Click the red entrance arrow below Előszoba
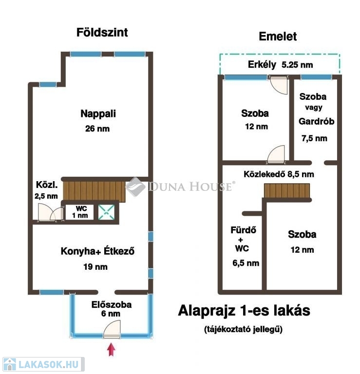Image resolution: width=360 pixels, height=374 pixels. [x=111, y=349]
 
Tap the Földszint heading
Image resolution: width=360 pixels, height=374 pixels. [x=102, y=33]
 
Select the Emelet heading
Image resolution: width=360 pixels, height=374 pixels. [x=278, y=37]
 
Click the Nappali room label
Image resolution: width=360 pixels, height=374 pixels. [x=98, y=113]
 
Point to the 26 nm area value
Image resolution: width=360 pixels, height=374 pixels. [x=97, y=129]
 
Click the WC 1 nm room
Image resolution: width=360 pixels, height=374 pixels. [x=80, y=212]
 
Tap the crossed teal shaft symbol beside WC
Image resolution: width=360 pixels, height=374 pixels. [x=106, y=212]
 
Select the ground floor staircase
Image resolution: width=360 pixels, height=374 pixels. [x=94, y=191]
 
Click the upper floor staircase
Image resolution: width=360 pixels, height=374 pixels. [x=287, y=190]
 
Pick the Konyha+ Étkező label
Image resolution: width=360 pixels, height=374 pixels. [x=97, y=251]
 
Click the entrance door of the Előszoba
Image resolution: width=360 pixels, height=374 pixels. [x=112, y=329]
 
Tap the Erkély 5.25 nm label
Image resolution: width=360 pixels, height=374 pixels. [x=280, y=65]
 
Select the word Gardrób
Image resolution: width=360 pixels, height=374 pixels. [x=316, y=121]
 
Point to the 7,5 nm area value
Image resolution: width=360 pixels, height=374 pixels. [x=314, y=138]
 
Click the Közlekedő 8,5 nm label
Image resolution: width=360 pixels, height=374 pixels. [x=279, y=174]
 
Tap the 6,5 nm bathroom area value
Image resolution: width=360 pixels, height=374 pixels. [x=246, y=263]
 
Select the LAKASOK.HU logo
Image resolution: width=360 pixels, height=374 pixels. [x=43, y=364]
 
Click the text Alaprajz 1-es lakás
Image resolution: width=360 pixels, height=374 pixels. [x=244, y=311]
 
